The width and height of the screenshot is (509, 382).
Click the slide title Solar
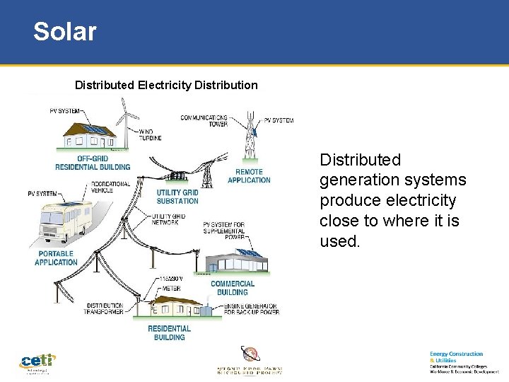[x=64, y=32]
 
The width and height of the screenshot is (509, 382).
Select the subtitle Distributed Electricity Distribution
[x=166, y=85]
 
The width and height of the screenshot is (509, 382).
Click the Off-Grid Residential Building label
[x=93, y=163]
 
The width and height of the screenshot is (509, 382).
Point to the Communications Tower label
[x=204, y=120]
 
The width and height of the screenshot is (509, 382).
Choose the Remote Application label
[x=249, y=175]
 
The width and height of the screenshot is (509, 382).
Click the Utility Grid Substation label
[x=177, y=197]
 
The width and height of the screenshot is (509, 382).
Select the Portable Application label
[x=56, y=257]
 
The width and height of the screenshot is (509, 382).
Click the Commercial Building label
[x=233, y=288]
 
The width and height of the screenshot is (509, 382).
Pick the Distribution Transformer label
[x=104, y=308]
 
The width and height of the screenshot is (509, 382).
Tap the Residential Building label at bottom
[x=169, y=332]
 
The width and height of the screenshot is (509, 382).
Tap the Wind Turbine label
[x=150, y=134]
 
